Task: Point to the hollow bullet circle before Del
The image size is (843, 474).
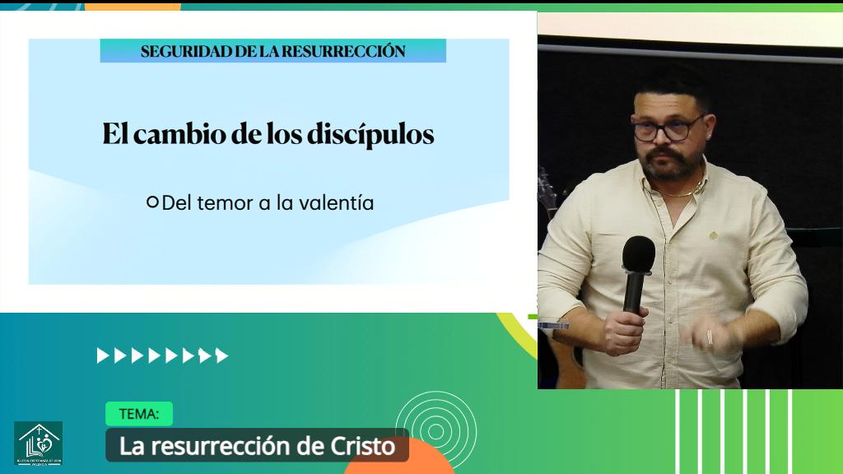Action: (x=151, y=202)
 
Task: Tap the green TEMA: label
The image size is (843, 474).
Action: (x=138, y=414)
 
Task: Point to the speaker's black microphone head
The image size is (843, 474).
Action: (x=638, y=253)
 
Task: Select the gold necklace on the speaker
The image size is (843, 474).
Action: (x=682, y=193)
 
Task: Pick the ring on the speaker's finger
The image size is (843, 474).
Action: (x=710, y=337)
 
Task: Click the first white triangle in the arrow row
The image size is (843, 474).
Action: (x=103, y=355)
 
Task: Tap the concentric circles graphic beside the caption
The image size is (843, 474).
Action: (x=435, y=430)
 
